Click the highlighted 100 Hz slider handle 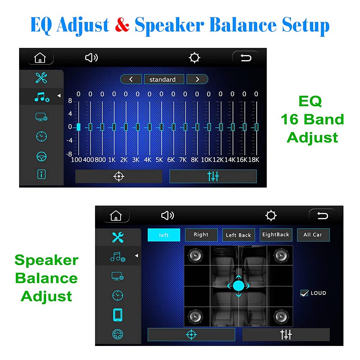click(x=78, y=127)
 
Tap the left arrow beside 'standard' click(x=131, y=79)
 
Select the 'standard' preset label click(x=162, y=79)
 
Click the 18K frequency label click(x=254, y=159)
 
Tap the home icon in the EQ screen click(x=40, y=58)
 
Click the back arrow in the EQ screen click(x=246, y=58)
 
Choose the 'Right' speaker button click(x=201, y=235)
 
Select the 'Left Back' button click(x=238, y=235)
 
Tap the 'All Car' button click(x=313, y=235)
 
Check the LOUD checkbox click(x=304, y=293)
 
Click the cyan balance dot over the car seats click(x=238, y=286)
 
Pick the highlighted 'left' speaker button click(x=164, y=235)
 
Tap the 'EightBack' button click(x=276, y=235)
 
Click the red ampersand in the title click(x=122, y=25)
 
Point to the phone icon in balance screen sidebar click(x=118, y=315)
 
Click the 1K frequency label click(x=112, y=159)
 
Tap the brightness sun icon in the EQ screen click(x=195, y=58)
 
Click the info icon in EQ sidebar click(x=42, y=175)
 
